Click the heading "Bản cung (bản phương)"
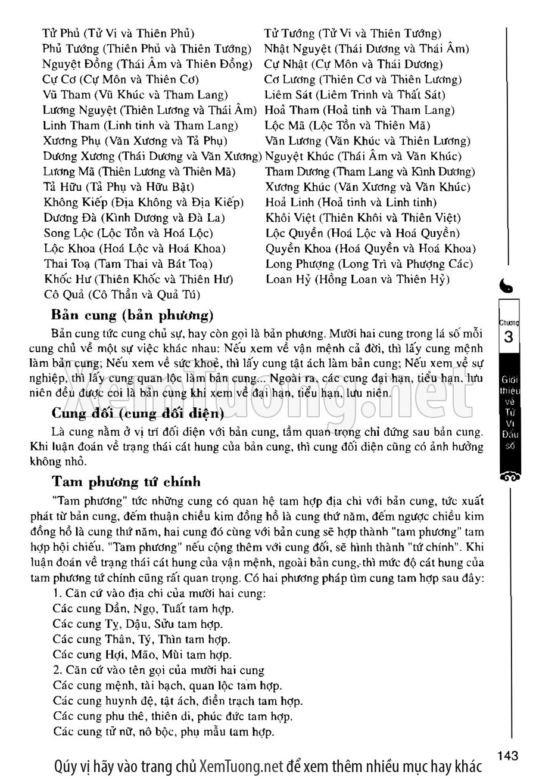point(132,314)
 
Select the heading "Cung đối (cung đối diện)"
point(138,413)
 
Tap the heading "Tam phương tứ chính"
point(126,482)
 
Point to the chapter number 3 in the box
point(508,337)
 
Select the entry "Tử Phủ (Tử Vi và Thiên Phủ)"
point(119,33)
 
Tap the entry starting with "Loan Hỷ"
point(357,279)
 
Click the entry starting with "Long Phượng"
point(369,264)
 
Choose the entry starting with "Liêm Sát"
point(355,95)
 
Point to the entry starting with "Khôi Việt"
point(363,218)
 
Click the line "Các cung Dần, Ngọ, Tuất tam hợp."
point(143,609)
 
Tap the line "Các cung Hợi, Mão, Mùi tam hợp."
point(142,655)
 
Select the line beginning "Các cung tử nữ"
point(163,732)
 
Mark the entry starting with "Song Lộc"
point(128,233)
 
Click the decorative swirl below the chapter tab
point(508,476)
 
